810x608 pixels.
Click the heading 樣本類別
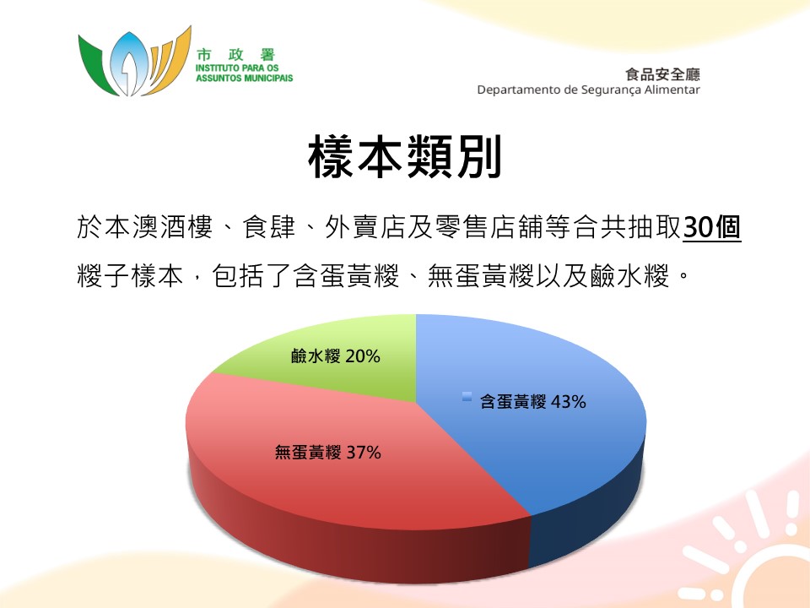(405, 157)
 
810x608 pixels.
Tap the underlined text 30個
(712, 227)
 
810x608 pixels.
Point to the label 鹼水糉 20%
(336, 356)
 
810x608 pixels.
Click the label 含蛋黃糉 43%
(532, 402)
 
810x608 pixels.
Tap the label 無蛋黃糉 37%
(328, 453)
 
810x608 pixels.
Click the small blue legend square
(467, 397)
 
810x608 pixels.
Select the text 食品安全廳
(663, 74)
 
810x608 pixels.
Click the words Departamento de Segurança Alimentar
(588, 90)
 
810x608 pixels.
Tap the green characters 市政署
(235, 55)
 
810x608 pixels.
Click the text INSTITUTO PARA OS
(237, 68)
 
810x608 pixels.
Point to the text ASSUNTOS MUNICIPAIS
(245, 78)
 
